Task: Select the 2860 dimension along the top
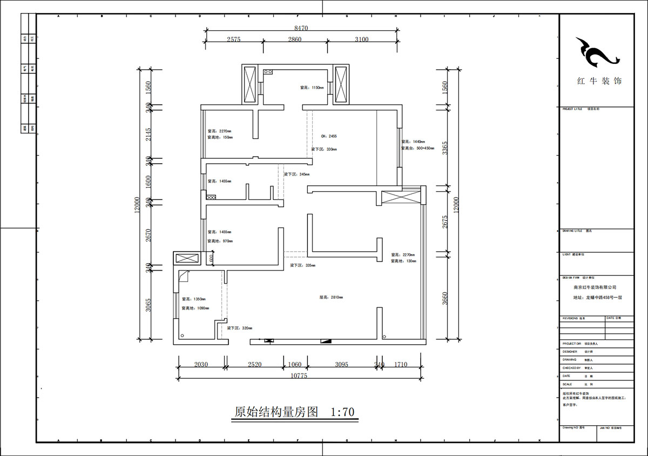point(295,39)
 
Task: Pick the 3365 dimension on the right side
point(445,149)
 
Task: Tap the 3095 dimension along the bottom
point(341,365)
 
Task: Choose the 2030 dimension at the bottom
point(200,365)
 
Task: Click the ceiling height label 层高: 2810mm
point(331,297)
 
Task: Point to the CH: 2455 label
point(328,136)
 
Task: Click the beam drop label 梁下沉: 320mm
point(239,328)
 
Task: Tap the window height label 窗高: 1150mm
point(312,88)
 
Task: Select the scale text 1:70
point(342,412)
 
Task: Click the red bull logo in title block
point(595,52)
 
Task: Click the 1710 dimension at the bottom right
point(401,365)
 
